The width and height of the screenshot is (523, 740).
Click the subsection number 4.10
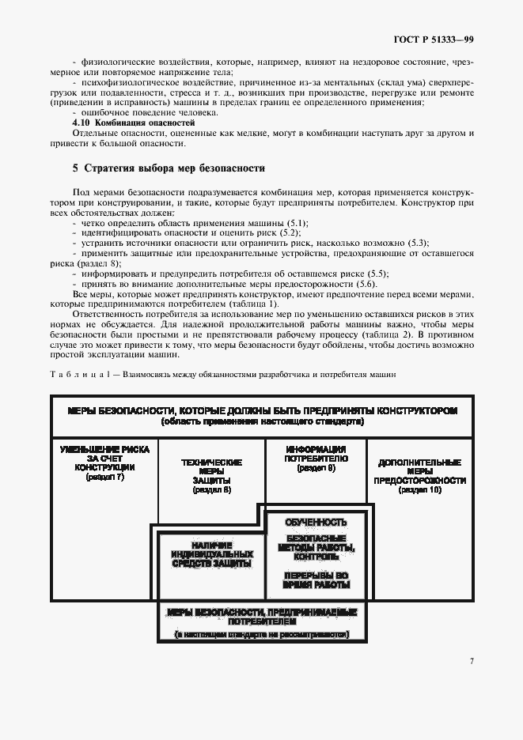79,123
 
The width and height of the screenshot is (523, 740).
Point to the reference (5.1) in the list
297,223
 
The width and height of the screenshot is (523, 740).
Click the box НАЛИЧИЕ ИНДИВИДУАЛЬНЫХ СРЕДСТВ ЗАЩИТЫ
211,555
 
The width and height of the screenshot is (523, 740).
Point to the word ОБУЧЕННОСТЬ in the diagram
316,523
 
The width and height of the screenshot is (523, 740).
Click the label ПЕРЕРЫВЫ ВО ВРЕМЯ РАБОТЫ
316,580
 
